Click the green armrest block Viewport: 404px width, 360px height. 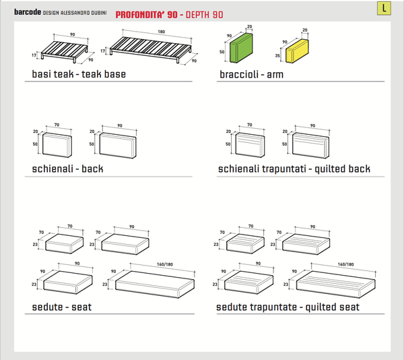coord(241,51)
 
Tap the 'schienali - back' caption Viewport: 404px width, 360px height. coord(67,168)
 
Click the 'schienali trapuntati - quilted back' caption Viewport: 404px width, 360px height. coord(294,169)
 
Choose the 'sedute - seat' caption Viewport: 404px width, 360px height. coord(62,307)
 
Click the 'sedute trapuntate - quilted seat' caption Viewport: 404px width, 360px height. coord(288,307)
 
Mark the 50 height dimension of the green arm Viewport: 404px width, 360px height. coord(222,51)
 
